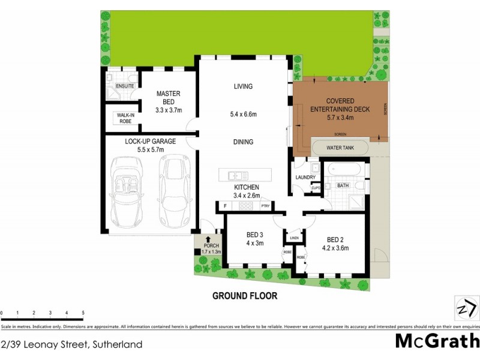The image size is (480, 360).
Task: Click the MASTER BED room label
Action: pos(168,98)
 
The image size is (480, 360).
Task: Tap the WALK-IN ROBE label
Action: pos(125,118)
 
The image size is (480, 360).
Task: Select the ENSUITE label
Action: pos(125,86)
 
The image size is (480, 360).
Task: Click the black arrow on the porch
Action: pos(208,239)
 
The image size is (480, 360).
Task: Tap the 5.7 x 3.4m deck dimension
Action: pos(340,118)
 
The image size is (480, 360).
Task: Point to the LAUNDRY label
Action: pos(305,177)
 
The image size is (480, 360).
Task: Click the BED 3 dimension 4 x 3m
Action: pos(254,243)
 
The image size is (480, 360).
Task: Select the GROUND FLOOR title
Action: pos(245,296)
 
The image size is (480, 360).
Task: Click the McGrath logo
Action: pos(437,341)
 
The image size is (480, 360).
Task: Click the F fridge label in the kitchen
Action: pos(225,206)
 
